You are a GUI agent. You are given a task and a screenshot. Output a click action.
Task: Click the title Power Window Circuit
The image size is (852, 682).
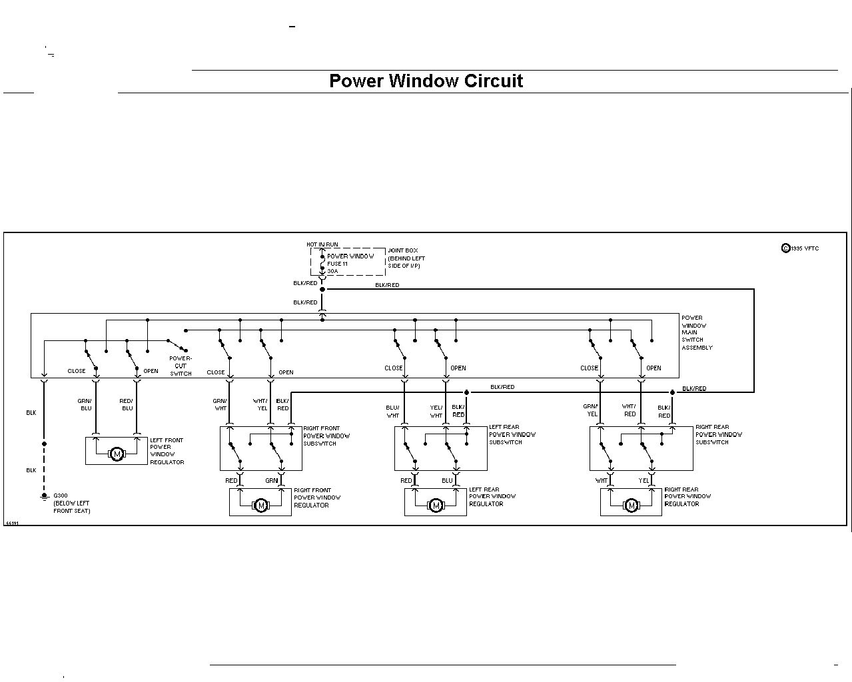click(x=426, y=81)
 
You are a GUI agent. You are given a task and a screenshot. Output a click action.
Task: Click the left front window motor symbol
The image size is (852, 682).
click(x=117, y=454)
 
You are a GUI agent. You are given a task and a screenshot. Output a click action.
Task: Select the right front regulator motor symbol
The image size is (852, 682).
click(x=261, y=505)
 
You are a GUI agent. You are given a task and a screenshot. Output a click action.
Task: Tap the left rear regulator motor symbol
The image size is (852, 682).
click(x=436, y=505)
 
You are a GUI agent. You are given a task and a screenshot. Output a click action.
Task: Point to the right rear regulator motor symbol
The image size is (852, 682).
click(x=632, y=505)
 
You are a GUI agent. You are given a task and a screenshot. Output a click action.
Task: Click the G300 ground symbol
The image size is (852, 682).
click(x=45, y=497)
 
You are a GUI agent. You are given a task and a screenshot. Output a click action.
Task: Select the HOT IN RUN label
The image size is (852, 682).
click(x=322, y=244)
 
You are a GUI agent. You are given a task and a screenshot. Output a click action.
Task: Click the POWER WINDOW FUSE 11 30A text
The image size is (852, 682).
click(x=350, y=264)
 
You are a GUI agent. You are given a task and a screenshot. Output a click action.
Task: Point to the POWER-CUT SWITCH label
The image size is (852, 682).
click(x=181, y=366)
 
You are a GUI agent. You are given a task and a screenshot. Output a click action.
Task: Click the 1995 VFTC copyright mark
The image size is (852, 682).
click(x=800, y=248)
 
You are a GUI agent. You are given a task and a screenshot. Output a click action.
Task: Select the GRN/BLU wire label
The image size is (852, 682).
click(x=85, y=404)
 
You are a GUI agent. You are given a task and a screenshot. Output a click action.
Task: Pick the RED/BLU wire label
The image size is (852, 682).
click(x=127, y=404)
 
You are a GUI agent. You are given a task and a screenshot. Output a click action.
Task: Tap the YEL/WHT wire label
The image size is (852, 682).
click(x=436, y=411)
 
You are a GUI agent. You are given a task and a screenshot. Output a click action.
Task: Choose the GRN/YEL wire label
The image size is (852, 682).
click(x=590, y=410)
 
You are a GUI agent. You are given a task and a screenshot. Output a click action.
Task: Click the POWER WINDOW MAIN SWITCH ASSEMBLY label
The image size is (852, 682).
click(x=697, y=332)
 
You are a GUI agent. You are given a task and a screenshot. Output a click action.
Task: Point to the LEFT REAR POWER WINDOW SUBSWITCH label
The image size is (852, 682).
click(x=512, y=435)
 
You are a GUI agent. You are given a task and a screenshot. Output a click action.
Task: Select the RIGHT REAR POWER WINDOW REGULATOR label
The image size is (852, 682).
click(x=687, y=496)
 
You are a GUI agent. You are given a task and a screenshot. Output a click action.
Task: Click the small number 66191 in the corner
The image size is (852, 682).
click(x=12, y=523)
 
